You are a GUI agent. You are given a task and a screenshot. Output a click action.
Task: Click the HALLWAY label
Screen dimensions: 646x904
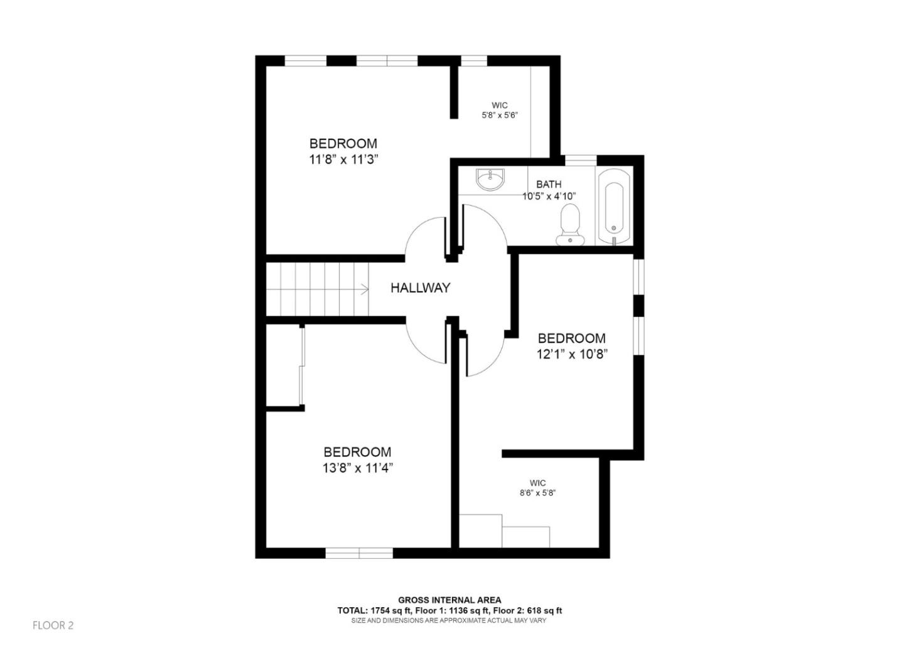(420, 288)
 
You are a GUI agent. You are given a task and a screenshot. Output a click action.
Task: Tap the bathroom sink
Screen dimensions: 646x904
(489, 180)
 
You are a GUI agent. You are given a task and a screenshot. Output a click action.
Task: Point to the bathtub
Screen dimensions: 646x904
(615, 206)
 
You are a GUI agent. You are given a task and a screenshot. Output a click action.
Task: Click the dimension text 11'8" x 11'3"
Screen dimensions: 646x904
(343, 159)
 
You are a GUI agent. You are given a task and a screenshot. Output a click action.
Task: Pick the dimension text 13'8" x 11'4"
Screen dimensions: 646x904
(357, 468)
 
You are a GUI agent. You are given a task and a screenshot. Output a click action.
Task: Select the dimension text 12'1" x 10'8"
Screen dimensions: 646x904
(571, 354)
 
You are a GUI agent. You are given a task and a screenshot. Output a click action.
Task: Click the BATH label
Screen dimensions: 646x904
(549, 185)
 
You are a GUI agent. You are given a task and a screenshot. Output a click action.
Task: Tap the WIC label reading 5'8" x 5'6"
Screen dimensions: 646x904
(500, 105)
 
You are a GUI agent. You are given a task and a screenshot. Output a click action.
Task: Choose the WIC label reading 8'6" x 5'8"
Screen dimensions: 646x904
(537, 483)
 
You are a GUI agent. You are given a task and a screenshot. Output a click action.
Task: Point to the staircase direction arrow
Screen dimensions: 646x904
(364, 289)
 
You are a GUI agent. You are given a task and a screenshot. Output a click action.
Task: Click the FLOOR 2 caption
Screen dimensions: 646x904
(53, 625)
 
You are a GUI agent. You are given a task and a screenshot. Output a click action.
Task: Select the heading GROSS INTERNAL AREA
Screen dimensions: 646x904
(449, 600)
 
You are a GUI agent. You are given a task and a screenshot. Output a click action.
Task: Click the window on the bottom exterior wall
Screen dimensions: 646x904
(359, 552)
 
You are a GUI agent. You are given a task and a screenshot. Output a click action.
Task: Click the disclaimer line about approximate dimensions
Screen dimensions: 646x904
(448, 620)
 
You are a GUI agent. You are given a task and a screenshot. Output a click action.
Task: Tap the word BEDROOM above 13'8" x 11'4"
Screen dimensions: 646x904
(357, 452)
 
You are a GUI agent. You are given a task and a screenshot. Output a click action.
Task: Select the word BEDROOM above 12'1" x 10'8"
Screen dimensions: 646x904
(571, 338)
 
